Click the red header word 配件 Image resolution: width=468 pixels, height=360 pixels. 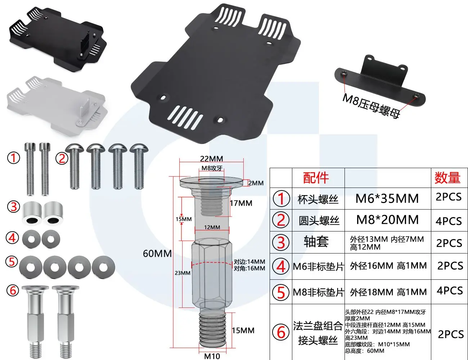tap(316, 178)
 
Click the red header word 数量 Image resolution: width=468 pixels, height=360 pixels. tap(447, 178)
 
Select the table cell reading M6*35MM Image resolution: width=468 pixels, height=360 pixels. tap(387, 198)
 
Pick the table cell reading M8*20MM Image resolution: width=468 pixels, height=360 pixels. tap(387, 220)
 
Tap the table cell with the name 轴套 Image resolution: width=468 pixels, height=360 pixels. tap(316, 242)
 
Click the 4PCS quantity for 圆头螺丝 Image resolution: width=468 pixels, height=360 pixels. tap(449, 221)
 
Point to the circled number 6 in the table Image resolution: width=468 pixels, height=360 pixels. tap(281, 332)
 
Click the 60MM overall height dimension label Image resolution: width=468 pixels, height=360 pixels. tap(157, 254)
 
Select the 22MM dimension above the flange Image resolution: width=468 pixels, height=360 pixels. tap(211, 159)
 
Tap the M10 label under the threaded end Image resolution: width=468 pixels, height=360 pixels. tap(212, 356)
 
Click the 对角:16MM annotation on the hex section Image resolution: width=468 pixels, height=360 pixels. tap(249, 269)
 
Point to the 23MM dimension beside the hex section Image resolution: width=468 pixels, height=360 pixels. tap(183, 273)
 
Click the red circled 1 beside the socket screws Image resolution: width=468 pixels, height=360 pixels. tap(14, 158)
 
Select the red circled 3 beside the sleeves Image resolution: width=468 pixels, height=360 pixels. tap(14, 207)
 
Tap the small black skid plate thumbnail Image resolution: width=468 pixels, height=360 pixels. tap(58, 39)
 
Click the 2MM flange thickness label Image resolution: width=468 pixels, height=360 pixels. tap(256, 183)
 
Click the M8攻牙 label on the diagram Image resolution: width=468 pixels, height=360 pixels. tap(212, 168)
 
